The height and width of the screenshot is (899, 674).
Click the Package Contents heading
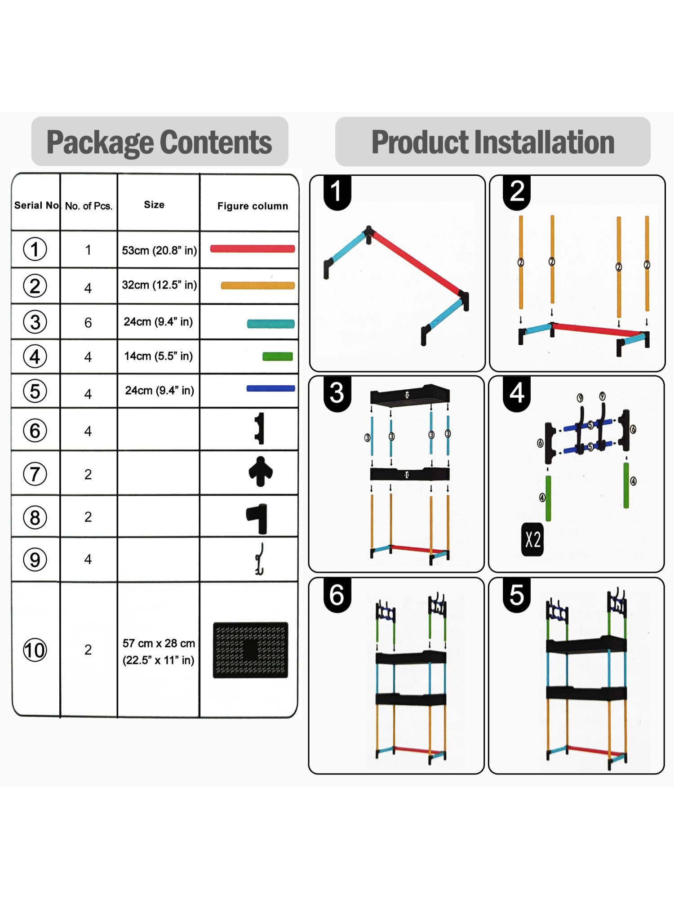(x=160, y=142)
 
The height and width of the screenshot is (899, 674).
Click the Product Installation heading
(x=492, y=142)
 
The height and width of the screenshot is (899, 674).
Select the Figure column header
(x=253, y=206)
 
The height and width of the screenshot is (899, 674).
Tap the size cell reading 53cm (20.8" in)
(x=159, y=250)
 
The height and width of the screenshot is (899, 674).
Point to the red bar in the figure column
(x=252, y=249)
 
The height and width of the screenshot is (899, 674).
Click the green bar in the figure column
(x=278, y=356)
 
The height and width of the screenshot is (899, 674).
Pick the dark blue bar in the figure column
(x=270, y=388)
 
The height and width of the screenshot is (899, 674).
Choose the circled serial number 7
(x=35, y=474)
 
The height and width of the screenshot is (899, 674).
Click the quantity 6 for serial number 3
(x=88, y=323)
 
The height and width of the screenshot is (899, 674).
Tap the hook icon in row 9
(x=259, y=559)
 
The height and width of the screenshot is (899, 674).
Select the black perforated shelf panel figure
(x=250, y=650)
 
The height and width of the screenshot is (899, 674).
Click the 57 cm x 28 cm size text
(x=159, y=643)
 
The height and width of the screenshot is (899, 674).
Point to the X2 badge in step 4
(x=532, y=539)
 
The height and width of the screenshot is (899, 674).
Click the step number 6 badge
(x=337, y=595)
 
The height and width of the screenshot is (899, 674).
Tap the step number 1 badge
(x=336, y=191)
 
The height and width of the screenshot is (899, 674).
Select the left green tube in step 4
(x=548, y=498)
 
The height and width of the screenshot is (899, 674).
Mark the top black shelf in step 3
(x=410, y=396)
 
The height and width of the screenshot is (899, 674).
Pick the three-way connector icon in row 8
(x=258, y=517)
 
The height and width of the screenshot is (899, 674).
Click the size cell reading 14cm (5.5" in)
(x=158, y=356)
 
